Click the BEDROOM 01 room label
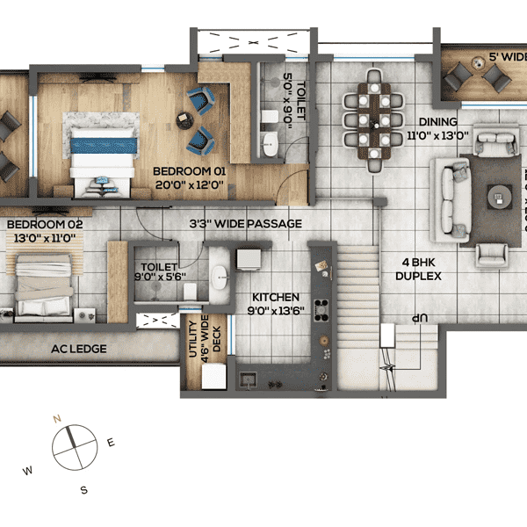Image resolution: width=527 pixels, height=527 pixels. [189, 170]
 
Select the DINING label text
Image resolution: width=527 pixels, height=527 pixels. [437, 122]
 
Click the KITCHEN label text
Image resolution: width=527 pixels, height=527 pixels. [276, 298]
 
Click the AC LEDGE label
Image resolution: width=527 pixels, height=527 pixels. [79, 349]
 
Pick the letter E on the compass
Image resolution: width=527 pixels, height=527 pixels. [111, 443]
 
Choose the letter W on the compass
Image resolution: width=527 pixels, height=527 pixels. [28, 471]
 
